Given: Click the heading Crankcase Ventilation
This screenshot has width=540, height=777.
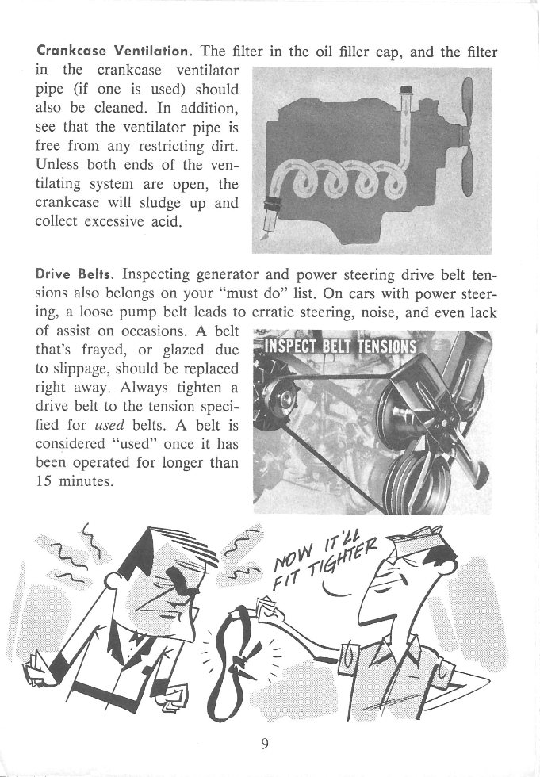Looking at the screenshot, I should [x=112, y=54].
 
